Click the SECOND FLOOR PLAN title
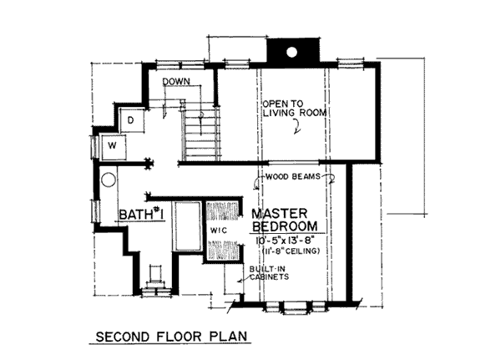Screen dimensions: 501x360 (171, 337)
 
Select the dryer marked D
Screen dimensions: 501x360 (132, 120)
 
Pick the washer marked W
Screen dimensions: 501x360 (113, 147)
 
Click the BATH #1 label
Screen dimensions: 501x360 (141, 214)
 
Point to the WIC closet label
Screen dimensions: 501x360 (219, 231)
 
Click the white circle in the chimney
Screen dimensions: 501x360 (291, 52)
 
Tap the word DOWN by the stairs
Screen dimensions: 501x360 (176, 82)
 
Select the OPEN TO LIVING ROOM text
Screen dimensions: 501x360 (295, 109)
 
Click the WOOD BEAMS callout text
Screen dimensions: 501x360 (293, 176)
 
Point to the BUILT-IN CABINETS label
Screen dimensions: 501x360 (269, 273)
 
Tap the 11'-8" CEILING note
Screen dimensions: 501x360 (291, 251)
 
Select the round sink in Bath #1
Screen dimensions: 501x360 (109, 180)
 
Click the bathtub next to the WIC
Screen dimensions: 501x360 (186, 226)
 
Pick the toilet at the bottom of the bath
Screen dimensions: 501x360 (156, 277)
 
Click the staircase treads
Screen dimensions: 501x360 (201, 134)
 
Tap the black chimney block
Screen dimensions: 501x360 (293, 53)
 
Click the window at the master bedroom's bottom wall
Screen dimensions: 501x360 (296, 306)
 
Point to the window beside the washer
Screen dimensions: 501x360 (95, 147)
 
